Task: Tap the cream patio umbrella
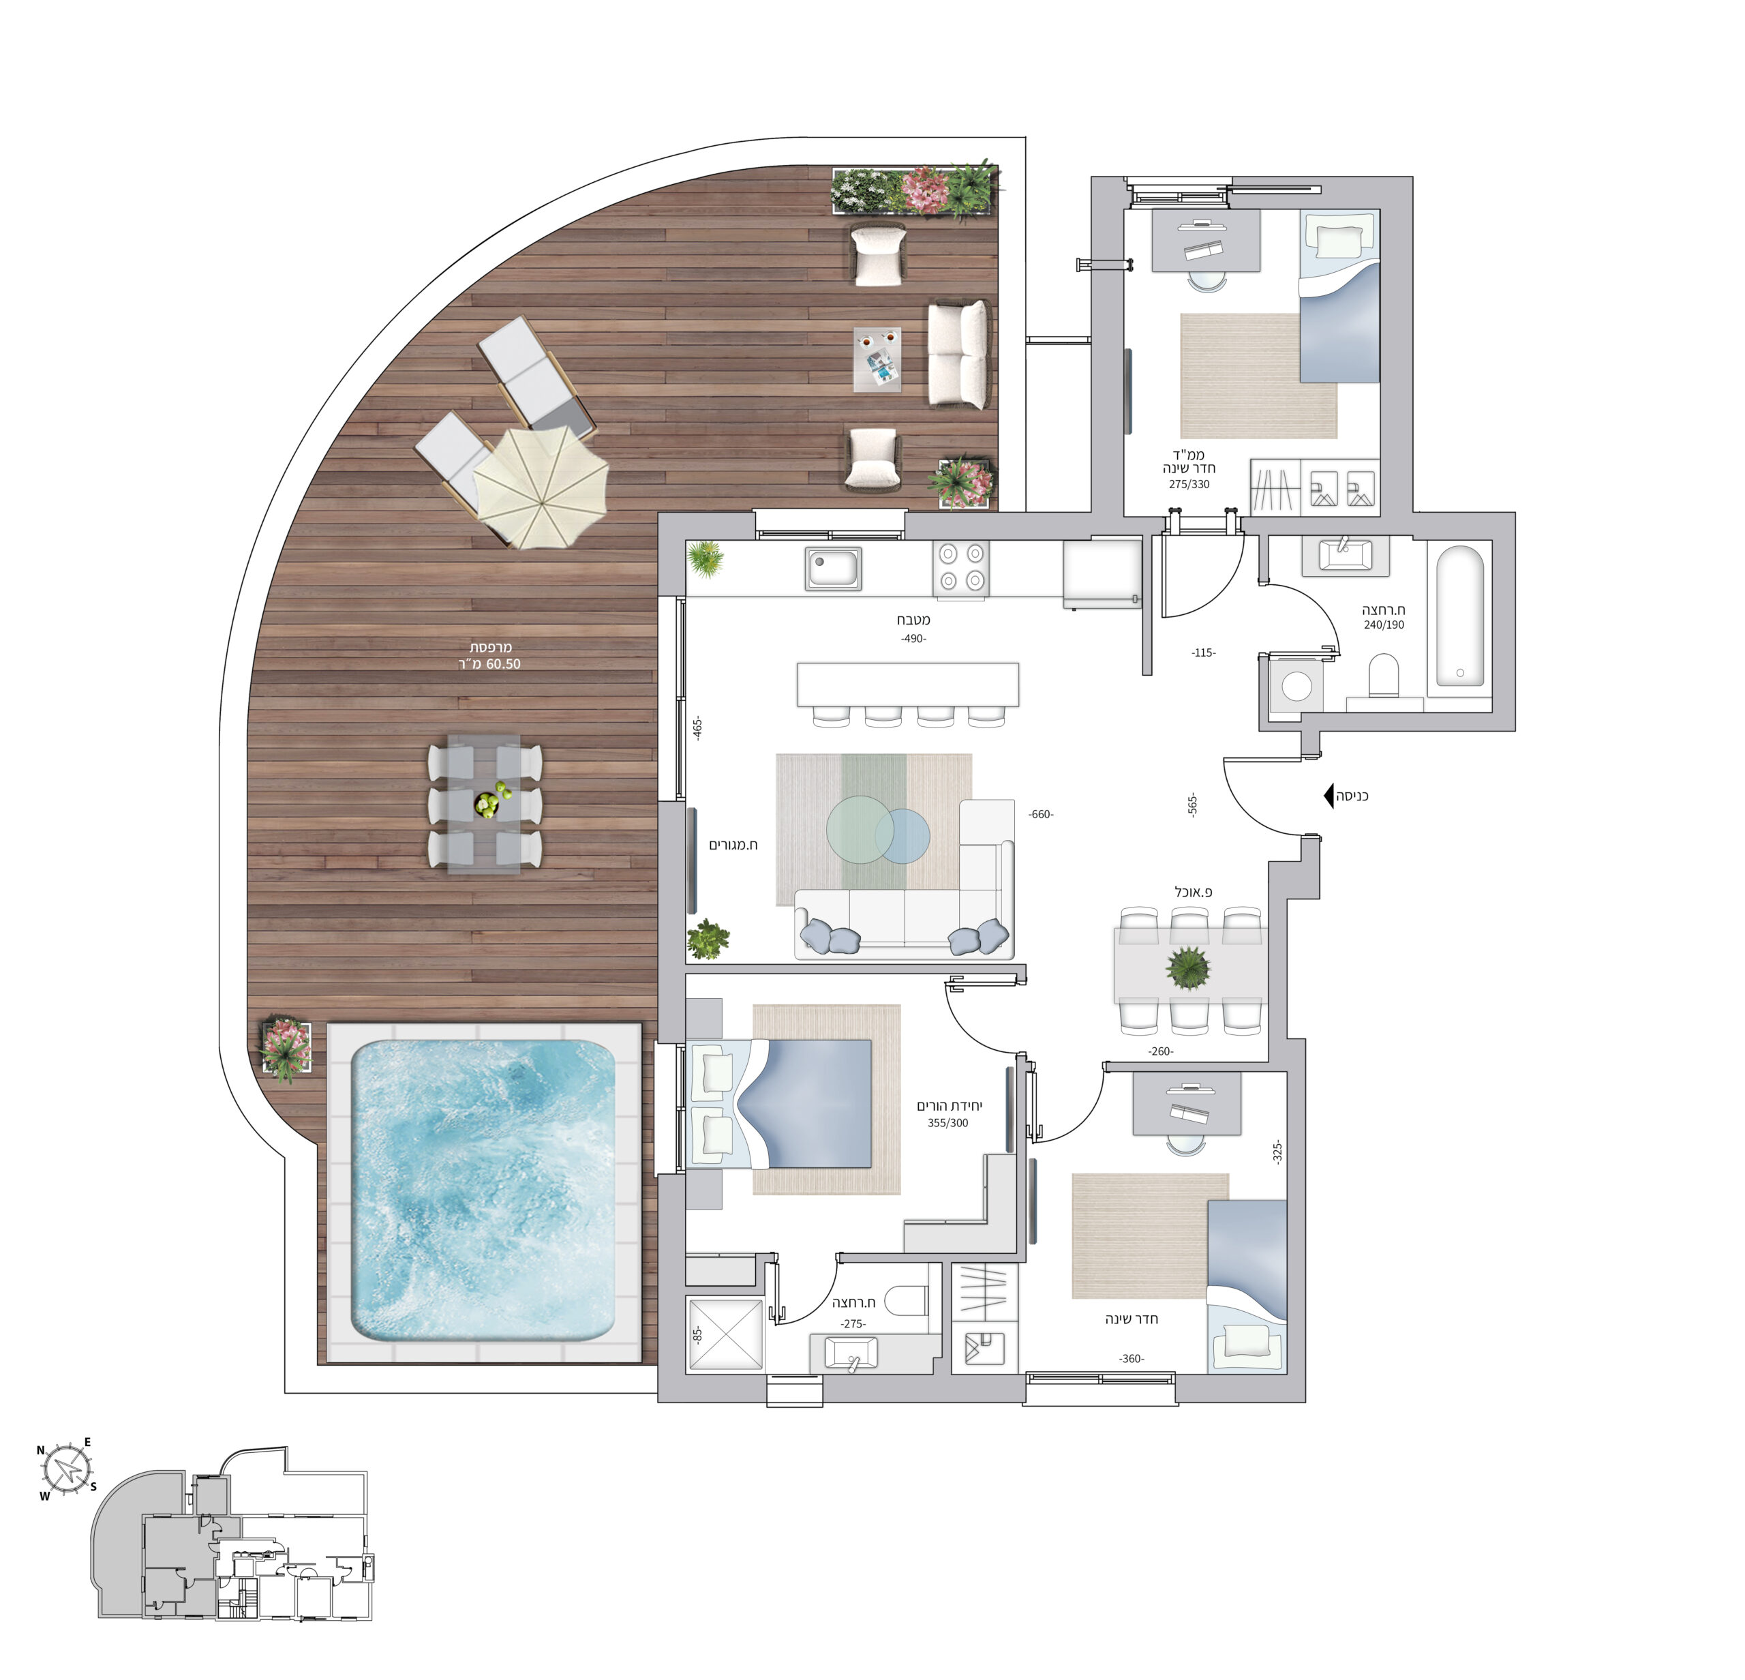tap(540, 487)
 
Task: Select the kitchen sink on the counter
tap(834, 568)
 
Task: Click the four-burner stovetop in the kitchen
tap(962, 568)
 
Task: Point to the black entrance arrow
tap(1329, 795)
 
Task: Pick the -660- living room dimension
tap(1041, 813)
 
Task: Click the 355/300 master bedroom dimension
tap(948, 1123)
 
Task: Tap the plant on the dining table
tap(1189, 967)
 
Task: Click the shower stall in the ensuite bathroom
tap(725, 1334)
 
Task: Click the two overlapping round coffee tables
tap(878, 830)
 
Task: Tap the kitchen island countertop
tap(908, 684)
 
